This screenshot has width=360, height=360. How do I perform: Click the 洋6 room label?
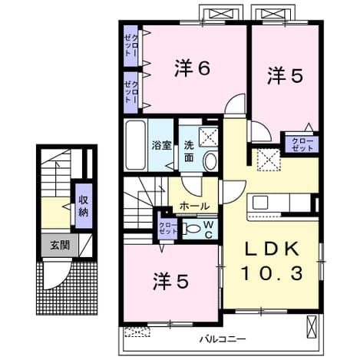[x=193, y=68]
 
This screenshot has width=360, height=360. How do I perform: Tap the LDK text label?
[x=272, y=249]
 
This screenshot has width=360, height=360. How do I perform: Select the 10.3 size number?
[x=272, y=273]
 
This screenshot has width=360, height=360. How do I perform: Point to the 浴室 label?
[x=161, y=145]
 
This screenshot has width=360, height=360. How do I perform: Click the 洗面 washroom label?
[x=189, y=152]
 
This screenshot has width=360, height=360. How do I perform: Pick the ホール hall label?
[x=195, y=206]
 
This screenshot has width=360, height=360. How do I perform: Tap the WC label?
[x=209, y=230]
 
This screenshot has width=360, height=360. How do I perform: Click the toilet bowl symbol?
[x=190, y=228]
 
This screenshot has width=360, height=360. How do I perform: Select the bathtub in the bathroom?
[x=135, y=145]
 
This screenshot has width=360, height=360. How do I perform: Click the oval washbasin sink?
[x=210, y=160]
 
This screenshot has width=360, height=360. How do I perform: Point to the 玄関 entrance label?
[x=60, y=246]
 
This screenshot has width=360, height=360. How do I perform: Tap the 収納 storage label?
[x=84, y=206]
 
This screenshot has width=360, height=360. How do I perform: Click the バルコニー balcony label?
[x=223, y=339]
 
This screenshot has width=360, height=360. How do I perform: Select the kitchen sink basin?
[x=260, y=202]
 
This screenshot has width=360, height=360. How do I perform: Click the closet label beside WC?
[x=168, y=228]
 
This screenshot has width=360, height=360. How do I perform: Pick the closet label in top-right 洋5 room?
[x=302, y=144]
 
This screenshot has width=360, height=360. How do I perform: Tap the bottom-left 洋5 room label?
[x=171, y=282]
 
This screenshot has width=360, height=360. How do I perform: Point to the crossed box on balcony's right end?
[x=312, y=326]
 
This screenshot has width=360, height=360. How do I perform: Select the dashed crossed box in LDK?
[x=269, y=160]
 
